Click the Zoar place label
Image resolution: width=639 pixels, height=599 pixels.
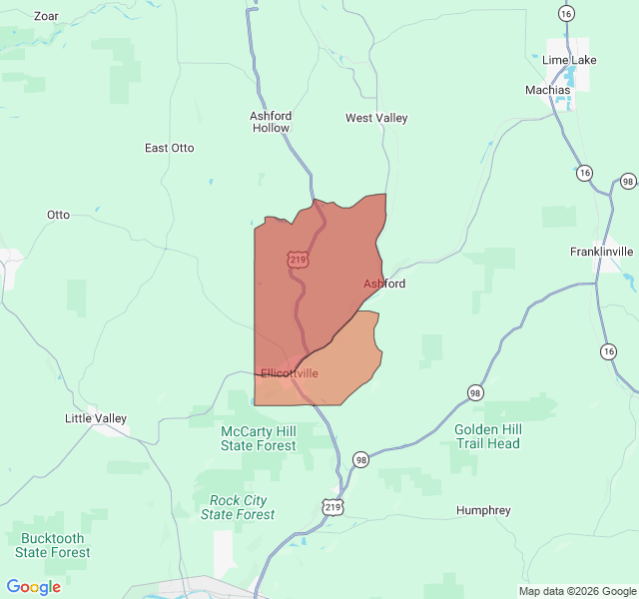tap(46, 16)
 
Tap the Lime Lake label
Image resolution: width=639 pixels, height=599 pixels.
tap(568, 60)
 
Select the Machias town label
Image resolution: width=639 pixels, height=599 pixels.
tap(547, 90)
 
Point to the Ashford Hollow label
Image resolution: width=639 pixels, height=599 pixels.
tap(271, 122)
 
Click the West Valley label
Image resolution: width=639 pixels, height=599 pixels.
tap(376, 118)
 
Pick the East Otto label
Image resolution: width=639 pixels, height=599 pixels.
tap(170, 148)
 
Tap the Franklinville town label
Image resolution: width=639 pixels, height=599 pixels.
tap(601, 252)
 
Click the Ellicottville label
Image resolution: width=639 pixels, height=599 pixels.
tap(290, 373)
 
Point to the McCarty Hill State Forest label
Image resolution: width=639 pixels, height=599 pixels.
tap(259, 438)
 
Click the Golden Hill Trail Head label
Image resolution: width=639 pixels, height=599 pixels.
tap(488, 436)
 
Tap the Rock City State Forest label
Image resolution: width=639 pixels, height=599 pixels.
tap(238, 507)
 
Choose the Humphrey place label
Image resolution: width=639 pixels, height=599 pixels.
tap(483, 510)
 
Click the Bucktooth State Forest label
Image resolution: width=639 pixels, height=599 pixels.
tap(53, 545)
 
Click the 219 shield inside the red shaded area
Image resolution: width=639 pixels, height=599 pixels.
tap(298, 260)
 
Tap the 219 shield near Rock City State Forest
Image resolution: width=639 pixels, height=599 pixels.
tap(332, 507)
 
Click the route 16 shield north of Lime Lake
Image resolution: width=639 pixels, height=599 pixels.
tap(566, 13)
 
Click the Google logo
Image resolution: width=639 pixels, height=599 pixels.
tap(33, 587)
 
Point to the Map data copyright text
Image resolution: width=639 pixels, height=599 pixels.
tap(576, 591)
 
